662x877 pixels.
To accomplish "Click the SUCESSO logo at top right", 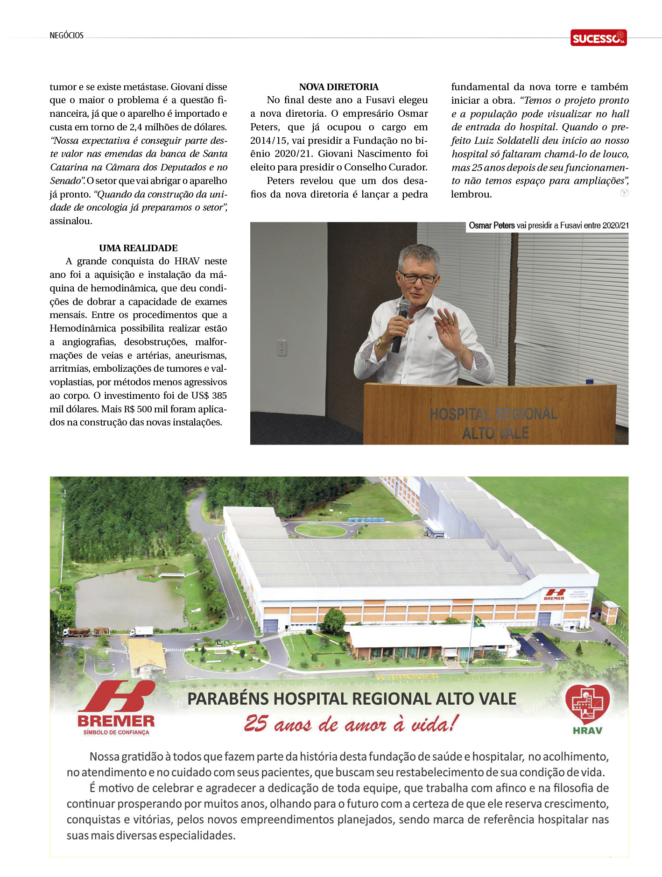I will tap(598, 38).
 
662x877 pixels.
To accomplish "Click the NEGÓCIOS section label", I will tap(66, 35).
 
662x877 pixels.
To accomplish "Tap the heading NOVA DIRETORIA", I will tap(338, 87).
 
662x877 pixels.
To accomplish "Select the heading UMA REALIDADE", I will tap(138, 248).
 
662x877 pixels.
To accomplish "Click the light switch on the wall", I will tap(281, 348).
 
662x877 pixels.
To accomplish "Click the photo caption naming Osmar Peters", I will tap(548, 226).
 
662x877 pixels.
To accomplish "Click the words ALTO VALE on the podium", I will tap(495, 433).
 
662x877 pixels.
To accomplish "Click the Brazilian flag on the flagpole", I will tap(479, 621).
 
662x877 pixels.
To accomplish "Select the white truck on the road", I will tap(141, 631).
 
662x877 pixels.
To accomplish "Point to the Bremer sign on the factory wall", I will tap(554, 594).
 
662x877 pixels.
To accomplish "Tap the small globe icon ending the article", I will tap(624, 193).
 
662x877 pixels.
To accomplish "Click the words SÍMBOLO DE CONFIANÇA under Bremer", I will tap(116, 732).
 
